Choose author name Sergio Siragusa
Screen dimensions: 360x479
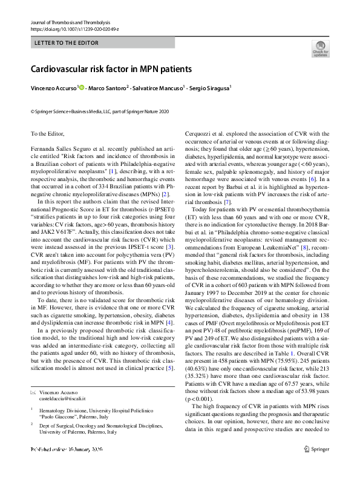point(209,88)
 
